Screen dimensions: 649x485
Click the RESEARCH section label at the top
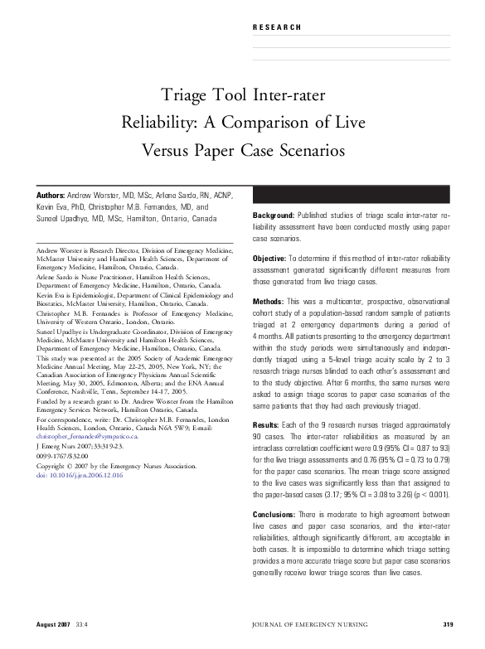pos(276,27)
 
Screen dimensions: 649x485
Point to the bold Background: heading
pos(274,216)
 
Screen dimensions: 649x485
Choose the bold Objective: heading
pos(269,259)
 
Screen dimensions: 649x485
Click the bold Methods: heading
pos(268,302)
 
